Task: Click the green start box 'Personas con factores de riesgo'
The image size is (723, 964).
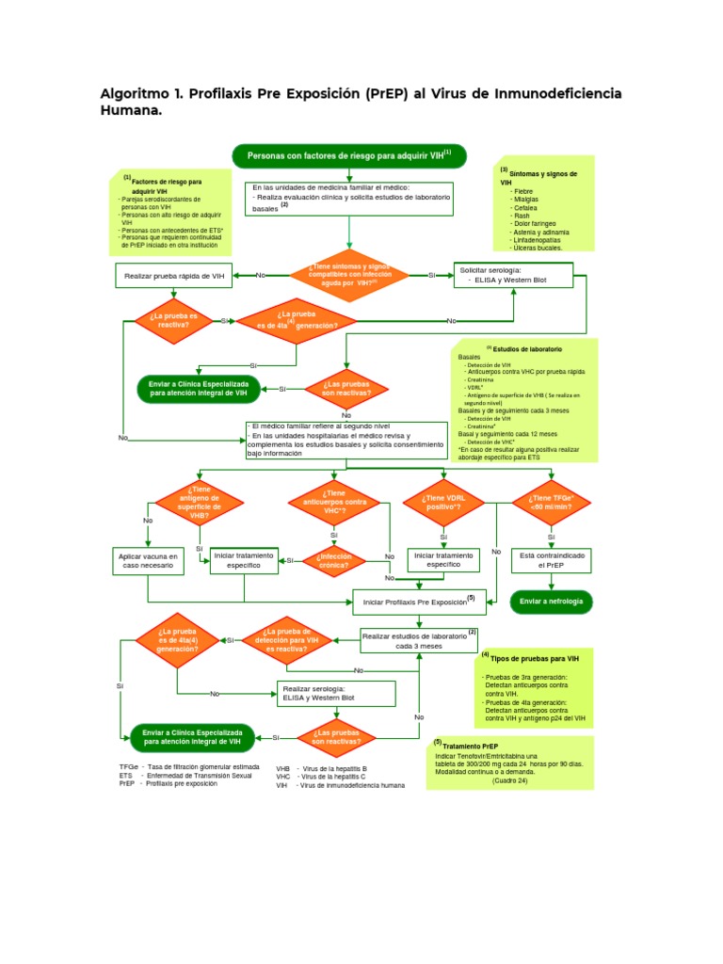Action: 348,155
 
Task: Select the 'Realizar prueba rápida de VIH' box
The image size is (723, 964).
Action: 174,275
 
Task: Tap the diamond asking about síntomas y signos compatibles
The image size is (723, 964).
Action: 348,275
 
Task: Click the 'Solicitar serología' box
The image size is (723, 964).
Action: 513,275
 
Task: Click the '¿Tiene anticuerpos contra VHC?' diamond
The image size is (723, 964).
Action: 335,504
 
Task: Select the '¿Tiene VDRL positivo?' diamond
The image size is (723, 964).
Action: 443,504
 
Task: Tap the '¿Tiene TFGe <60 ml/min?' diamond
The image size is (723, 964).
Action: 552,504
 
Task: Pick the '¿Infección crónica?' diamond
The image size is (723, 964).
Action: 335,560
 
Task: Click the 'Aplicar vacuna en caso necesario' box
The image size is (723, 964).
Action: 147,562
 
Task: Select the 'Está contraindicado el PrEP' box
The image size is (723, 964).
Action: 552,561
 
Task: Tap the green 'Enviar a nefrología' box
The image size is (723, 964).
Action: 552,601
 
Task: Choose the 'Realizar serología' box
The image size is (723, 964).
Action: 337,694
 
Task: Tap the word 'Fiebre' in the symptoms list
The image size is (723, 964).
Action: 523,191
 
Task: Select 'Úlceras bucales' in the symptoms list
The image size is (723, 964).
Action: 538,248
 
